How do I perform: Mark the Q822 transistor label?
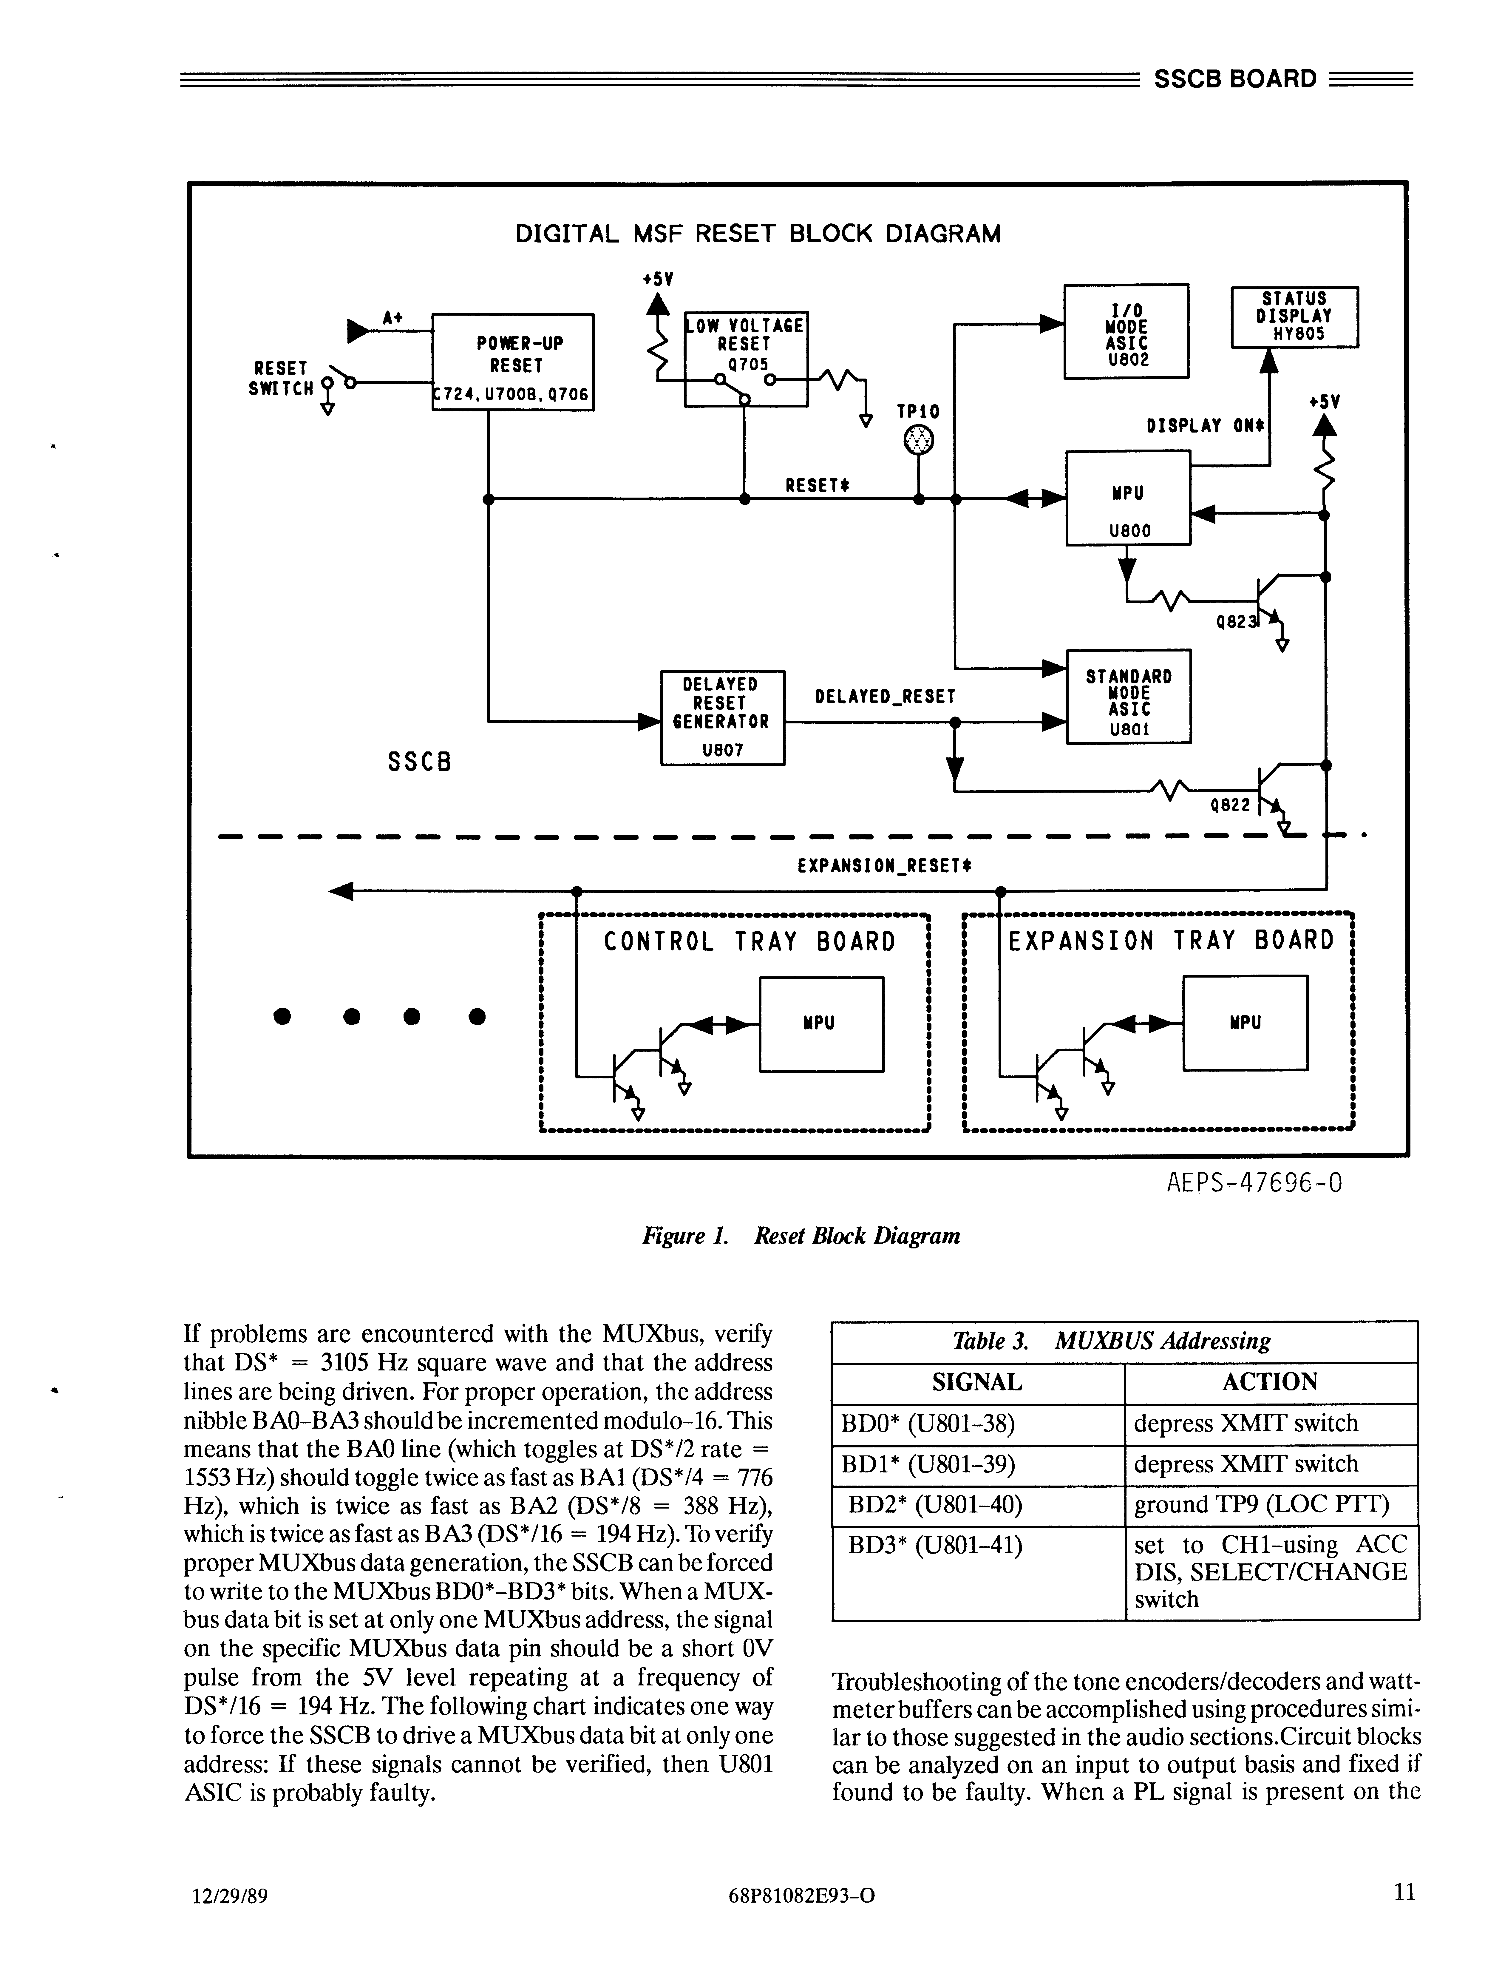coord(1229,805)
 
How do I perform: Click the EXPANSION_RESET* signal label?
coord(884,865)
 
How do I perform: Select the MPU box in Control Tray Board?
coord(821,1024)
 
